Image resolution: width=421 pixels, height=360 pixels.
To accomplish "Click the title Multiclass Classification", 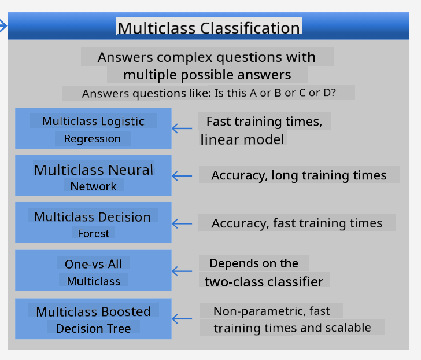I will [209, 28].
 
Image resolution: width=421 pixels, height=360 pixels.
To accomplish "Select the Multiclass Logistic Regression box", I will [93, 128].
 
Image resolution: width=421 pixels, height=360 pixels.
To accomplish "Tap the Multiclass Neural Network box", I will [93, 176].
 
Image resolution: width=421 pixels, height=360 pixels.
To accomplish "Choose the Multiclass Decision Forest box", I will [93, 223].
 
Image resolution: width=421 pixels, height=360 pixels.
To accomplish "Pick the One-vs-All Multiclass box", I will [93, 271].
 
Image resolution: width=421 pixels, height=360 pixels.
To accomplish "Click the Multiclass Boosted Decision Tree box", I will [93, 318].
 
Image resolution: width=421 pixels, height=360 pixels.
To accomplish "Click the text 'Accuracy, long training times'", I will [299, 175].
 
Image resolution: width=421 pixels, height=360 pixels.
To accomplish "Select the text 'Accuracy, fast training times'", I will [297, 223].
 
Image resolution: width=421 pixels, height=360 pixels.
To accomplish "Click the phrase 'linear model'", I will [242, 139].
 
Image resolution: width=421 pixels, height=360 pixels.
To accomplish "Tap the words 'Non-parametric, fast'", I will [271, 311].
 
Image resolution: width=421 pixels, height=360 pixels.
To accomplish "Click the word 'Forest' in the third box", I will [94, 234].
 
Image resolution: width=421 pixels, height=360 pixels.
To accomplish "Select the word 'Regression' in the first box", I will [93, 139].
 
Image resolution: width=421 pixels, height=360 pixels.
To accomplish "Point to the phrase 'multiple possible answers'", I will [207, 75].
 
